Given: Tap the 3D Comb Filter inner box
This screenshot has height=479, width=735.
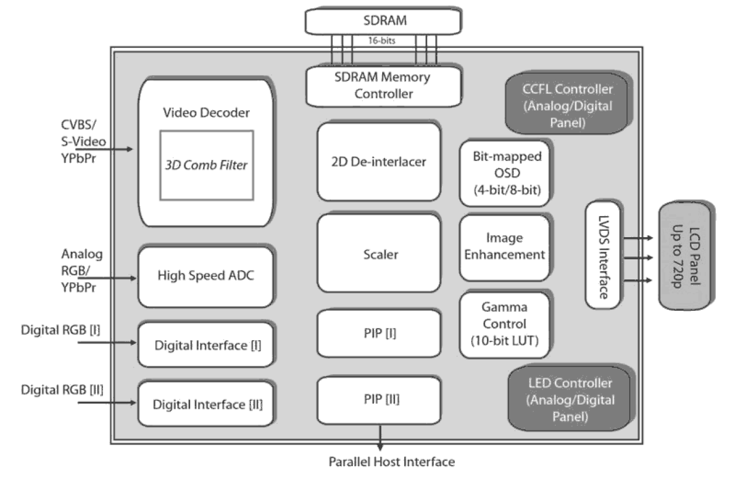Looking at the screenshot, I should (x=207, y=165).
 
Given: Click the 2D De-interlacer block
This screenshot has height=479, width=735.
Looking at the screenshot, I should (x=379, y=162).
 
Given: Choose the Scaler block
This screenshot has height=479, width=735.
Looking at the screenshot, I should (x=379, y=254).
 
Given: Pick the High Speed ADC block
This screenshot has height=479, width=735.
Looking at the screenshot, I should (x=205, y=276).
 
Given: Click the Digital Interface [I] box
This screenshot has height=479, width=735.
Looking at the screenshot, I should (x=207, y=345).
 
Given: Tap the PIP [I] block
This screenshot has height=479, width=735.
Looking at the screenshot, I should (x=379, y=333).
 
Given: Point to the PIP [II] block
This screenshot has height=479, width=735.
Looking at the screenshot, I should (x=379, y=401).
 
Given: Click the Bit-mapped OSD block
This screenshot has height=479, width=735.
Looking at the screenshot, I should (x=506, y=173).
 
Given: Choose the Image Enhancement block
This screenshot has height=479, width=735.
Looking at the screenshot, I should (x=506, y=247).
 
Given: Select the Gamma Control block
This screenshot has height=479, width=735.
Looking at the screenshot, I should (x=506, y=324).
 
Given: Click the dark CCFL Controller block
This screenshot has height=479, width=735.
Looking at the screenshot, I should (x=567, y=105).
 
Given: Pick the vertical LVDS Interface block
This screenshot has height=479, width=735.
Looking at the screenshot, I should (x=603, y=255).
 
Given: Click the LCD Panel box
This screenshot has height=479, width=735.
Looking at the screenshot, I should (x=685, y=256).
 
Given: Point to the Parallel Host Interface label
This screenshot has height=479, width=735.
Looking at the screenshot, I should (x=391, y=462).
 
